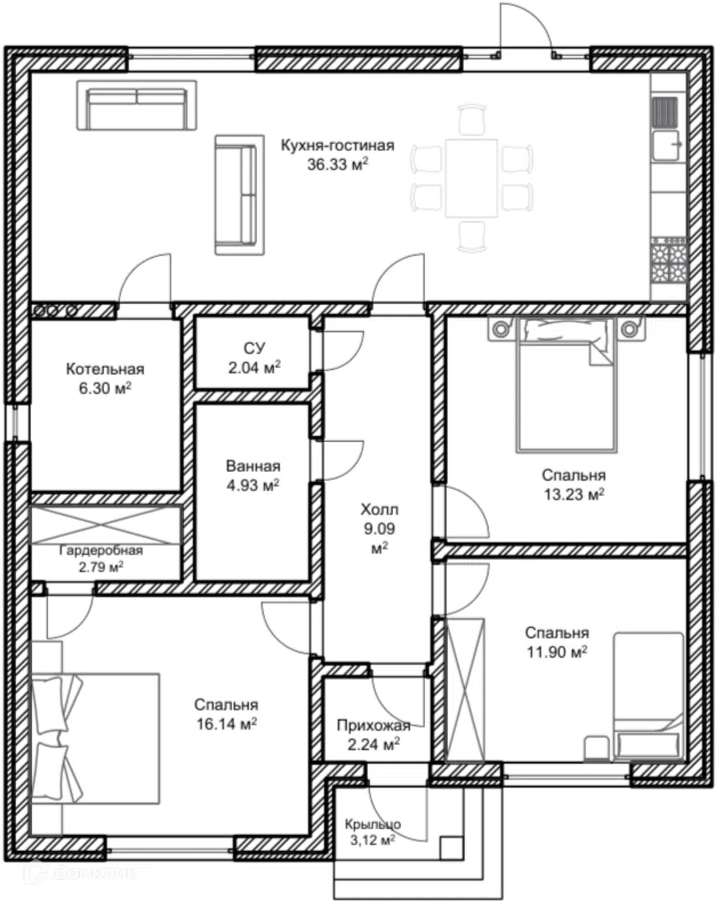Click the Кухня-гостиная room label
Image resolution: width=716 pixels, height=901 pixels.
[337, 146]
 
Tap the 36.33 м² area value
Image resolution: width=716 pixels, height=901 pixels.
[337, 164]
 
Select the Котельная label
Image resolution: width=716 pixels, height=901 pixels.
[105, 369]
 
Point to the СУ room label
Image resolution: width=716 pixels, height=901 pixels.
[254, 348]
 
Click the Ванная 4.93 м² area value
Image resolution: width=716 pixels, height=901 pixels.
[253, 485]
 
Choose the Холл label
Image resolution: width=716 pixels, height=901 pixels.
[379, 510]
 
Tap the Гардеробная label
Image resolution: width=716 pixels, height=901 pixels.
[101, 550]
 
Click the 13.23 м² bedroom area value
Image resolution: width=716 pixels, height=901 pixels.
[574, 494]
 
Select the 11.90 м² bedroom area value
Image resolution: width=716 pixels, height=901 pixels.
[557, 652]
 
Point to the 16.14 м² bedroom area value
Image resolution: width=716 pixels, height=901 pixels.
[227, 723]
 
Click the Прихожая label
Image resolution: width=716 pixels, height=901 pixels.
[373, 725]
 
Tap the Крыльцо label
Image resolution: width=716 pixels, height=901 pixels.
[373, 823]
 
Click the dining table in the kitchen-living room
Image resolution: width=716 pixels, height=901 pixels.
[471, 178]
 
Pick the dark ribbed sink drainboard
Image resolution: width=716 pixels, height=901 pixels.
[664, 112]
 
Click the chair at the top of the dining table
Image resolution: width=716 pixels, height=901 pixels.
[472, 119]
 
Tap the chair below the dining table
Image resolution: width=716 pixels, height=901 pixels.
[472, 237]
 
